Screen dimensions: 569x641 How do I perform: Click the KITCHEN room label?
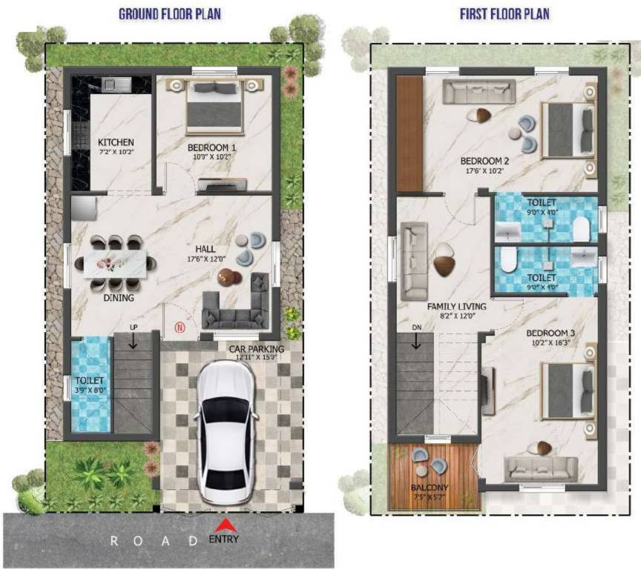click(116, 142)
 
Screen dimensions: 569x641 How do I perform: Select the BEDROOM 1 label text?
click(211, 147)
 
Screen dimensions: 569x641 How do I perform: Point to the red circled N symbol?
click(178, 327)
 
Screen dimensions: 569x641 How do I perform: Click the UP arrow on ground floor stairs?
click(133, 342)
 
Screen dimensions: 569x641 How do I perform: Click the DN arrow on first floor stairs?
click(415, 340)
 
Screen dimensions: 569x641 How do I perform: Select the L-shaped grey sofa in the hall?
click(237, 305)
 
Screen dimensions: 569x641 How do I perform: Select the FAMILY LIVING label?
click(456, 306)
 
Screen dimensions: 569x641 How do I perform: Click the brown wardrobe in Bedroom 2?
click(409, 133)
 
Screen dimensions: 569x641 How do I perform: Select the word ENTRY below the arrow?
click(224, 539)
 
